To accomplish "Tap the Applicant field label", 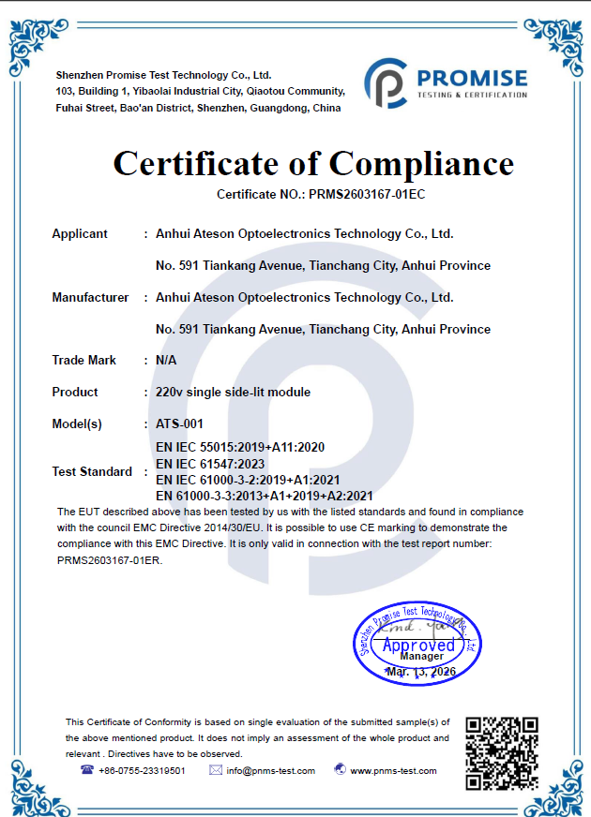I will point(80,234).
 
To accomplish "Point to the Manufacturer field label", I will point(90,298).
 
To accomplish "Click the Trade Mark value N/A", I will point(166,361).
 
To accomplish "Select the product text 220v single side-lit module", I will point(233,393).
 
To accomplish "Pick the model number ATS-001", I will point(179,424).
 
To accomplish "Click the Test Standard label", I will point(92,471).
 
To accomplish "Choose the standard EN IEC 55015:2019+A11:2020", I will point(240,448).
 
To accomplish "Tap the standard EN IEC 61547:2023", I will point(210,464).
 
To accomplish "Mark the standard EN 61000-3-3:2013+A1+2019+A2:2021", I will point(265,496).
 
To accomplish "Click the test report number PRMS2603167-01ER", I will point(110,559).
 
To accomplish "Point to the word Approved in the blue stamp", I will point(418,645).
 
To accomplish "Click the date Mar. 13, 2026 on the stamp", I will point(420,673).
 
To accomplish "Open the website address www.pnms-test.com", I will point(393,771).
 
